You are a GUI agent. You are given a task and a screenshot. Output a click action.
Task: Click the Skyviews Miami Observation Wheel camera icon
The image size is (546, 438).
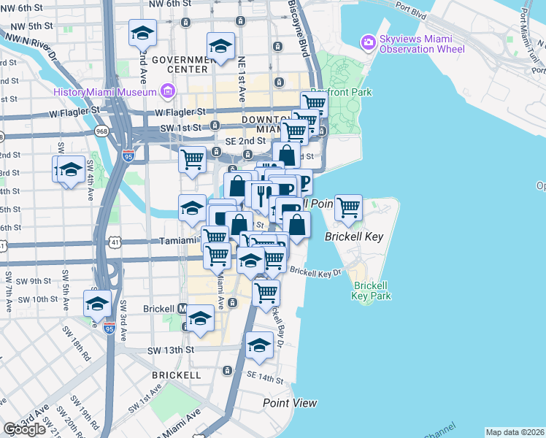369,42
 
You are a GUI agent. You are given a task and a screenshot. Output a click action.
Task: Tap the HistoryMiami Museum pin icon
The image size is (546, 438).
168,91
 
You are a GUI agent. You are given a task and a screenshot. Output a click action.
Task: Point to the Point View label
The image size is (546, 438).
290,402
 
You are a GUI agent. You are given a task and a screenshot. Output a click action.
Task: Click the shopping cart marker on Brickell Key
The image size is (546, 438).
349,207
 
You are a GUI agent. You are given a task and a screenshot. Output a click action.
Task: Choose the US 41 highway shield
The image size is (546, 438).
117,241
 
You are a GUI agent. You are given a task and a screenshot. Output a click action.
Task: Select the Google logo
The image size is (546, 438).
24,429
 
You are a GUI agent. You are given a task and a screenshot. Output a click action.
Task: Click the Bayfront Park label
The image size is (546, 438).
341,92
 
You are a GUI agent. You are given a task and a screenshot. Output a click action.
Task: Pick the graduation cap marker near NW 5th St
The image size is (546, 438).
143,32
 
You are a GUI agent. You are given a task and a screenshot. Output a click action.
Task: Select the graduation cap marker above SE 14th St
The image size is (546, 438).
259,345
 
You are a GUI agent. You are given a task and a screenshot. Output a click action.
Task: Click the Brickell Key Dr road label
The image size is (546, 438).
315,272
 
